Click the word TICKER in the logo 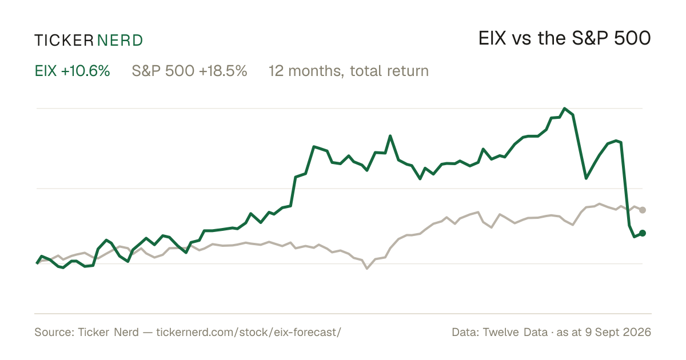tap(64, 41)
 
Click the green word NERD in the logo tap(119, 41)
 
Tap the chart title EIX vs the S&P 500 tap(564, 39)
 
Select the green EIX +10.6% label tap(72, 71)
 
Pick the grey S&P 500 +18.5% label tap(189, 71)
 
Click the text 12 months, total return tap(349, 71)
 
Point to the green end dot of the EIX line tap(643, 233)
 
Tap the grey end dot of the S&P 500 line tap(643, 210)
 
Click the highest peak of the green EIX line tap(565, 109)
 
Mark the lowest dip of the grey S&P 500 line tap(367, 269)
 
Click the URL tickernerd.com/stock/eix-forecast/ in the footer tap(248, 332)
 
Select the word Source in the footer tap(53, 332)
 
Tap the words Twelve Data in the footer tap(515, 332)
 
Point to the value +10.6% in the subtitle tap(85, 71)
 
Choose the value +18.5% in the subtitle tap(223, 71)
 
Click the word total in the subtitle tap(366, 71)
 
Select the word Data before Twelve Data tap(465, 332)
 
